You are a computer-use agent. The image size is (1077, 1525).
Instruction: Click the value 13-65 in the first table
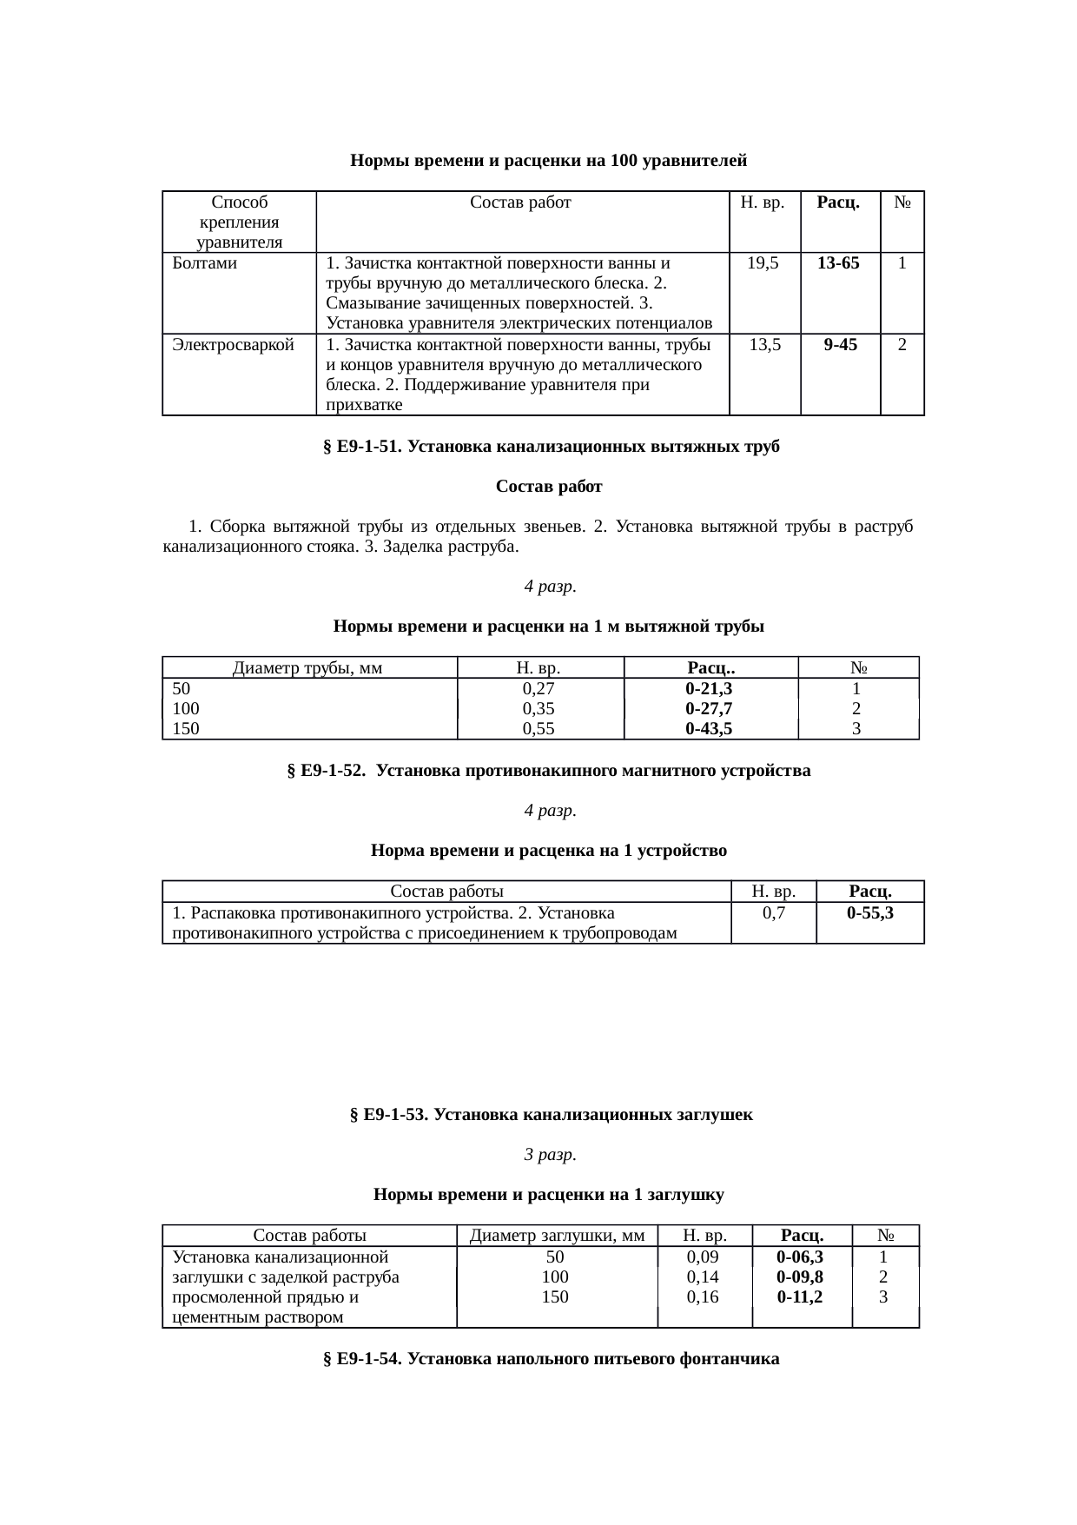click(838, 263)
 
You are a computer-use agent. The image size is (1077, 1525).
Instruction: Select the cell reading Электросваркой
click(232, 345)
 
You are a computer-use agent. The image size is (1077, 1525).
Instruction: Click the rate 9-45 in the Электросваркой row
click(840, 345)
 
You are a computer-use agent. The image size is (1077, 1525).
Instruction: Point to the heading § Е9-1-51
click(552, 447)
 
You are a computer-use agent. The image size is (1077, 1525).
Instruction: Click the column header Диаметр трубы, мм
click(308, 668)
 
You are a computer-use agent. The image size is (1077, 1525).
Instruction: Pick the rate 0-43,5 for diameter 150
click(709, 729)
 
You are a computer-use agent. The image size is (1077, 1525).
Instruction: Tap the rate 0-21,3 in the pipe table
click(709, 689)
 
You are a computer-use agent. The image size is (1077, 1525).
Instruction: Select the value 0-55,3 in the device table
click(870, 913)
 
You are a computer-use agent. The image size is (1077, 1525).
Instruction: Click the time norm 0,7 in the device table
click(773, 913)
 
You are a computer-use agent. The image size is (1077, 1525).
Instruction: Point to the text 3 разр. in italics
click(551, 1155)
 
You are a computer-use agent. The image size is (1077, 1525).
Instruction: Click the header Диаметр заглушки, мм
click(557, 1236)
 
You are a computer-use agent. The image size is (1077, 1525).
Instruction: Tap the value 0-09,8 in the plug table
click(800, 1277)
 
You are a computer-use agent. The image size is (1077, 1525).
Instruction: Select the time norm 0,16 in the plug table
click(703, 1297)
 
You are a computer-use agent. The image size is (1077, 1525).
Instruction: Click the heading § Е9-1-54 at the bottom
click(552, 1359)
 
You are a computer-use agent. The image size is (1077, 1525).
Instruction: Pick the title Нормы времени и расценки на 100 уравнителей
click(548, 161)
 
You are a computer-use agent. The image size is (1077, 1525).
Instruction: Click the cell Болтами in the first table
click(205, 263)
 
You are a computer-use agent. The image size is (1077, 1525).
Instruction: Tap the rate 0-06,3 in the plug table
click(800, 1257)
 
